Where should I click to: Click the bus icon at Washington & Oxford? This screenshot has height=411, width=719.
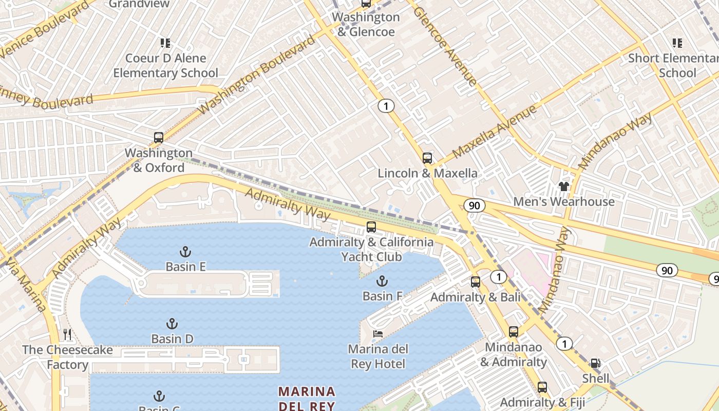(159, 138)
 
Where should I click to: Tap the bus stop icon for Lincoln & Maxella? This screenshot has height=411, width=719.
(427, 158)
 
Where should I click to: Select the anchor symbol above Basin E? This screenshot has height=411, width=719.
(185, 252)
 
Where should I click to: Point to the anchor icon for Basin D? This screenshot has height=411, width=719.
(172, 324)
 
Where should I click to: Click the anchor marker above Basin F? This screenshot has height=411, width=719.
(382, 281)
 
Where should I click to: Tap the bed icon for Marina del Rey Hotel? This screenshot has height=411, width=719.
(378, 334)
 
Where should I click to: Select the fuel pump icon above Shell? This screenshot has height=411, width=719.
(595, 363)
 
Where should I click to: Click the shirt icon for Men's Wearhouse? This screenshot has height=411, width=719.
(564, 186)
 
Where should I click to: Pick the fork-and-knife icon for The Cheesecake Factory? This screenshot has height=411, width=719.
(67, 335)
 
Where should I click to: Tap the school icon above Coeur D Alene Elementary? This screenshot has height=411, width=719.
(165, 43)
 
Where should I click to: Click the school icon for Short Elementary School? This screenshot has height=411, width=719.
(677, 43)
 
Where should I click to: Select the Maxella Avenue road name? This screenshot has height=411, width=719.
(495, 132)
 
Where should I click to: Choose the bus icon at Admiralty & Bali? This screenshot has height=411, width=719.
(476, 282)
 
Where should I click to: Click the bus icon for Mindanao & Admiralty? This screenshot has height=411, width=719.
(514, 332)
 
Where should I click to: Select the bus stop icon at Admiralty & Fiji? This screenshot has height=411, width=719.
(542, 387)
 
